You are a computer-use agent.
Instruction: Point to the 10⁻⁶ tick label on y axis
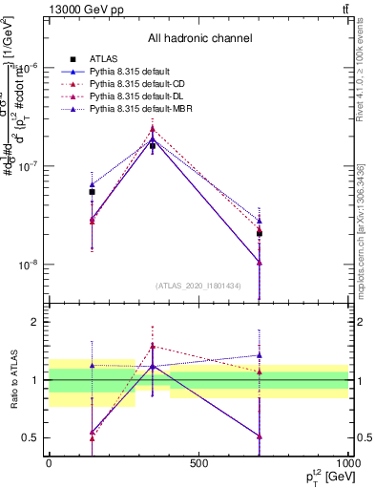[x=31, y=68]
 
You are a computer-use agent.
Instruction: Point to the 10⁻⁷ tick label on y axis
[x=31, y=166]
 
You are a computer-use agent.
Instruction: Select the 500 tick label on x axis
[x=198, y=463]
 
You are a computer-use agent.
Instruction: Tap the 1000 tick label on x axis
[x=347, y=463]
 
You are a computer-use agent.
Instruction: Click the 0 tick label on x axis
[x=49, y=463]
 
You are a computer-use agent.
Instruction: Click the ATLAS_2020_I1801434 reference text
[x=199, y=286]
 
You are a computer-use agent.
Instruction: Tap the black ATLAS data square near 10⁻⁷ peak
[x=153, y=146]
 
